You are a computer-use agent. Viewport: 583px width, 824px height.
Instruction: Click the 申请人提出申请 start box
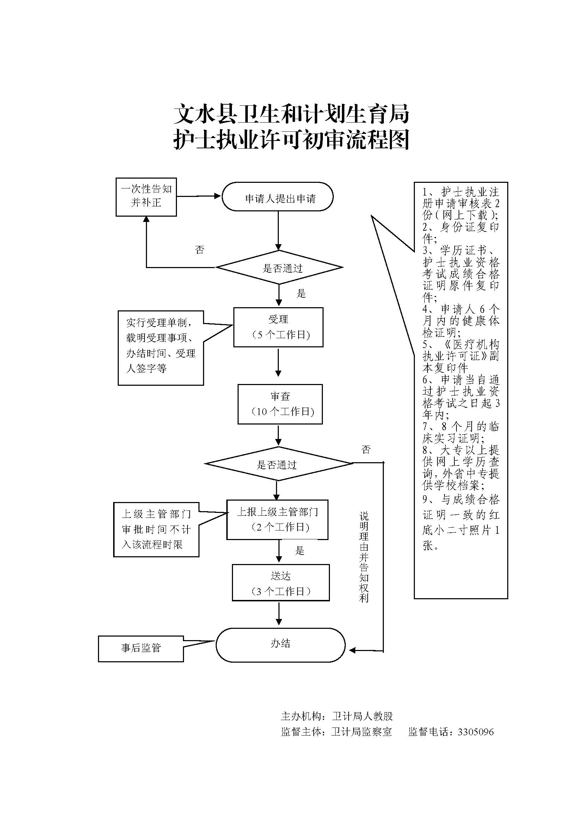(x=277, y=197)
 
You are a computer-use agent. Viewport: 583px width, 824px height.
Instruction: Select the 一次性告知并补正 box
(x=146, y=197)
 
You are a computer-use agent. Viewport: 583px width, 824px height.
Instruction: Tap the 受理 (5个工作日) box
(x=278, y=327)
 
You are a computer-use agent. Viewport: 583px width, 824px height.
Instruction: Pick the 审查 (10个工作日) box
(x=280, y=404)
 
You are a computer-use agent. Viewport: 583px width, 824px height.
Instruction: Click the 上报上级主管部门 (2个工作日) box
(x=277, y=519)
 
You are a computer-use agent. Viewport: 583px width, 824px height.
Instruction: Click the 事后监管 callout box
(x=141, y=649)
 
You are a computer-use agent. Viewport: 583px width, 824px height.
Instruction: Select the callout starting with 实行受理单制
(x=161, y=348)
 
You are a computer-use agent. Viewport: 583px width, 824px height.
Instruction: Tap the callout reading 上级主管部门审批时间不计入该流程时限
(x=156, y=529)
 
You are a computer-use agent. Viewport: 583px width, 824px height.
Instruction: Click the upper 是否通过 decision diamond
(x=279, y=267)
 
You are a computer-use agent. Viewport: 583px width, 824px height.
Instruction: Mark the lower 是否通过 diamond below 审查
(x=278, y=464)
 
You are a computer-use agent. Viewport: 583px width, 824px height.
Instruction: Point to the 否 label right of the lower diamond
(x=366, y=449)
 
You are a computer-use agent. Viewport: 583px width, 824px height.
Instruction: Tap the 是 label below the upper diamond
(x=301, y=293)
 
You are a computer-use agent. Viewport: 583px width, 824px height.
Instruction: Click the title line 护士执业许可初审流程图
(x=291, y=140)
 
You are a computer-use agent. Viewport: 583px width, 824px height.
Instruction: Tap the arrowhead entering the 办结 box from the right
(x=352, y=650)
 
